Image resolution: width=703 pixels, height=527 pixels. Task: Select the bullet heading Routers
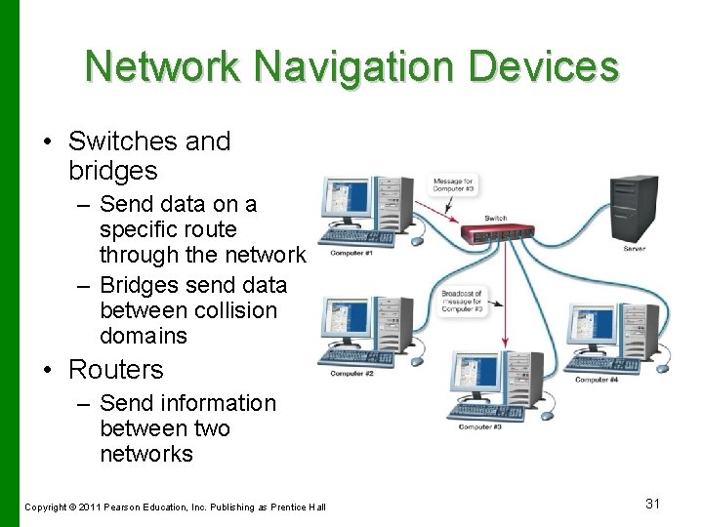[x=115, y=370]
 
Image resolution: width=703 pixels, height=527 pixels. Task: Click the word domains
[x=143, y=336]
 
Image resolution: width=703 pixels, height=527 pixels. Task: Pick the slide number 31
[x=653, y=504]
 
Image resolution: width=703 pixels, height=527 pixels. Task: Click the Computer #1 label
[x=352, y=254]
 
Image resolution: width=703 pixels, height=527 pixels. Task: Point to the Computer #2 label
[x=352, y=374]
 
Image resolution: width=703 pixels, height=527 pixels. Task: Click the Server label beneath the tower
[x=635, y=249]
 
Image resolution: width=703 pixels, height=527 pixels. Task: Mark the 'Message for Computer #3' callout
[x=454, y=185]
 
